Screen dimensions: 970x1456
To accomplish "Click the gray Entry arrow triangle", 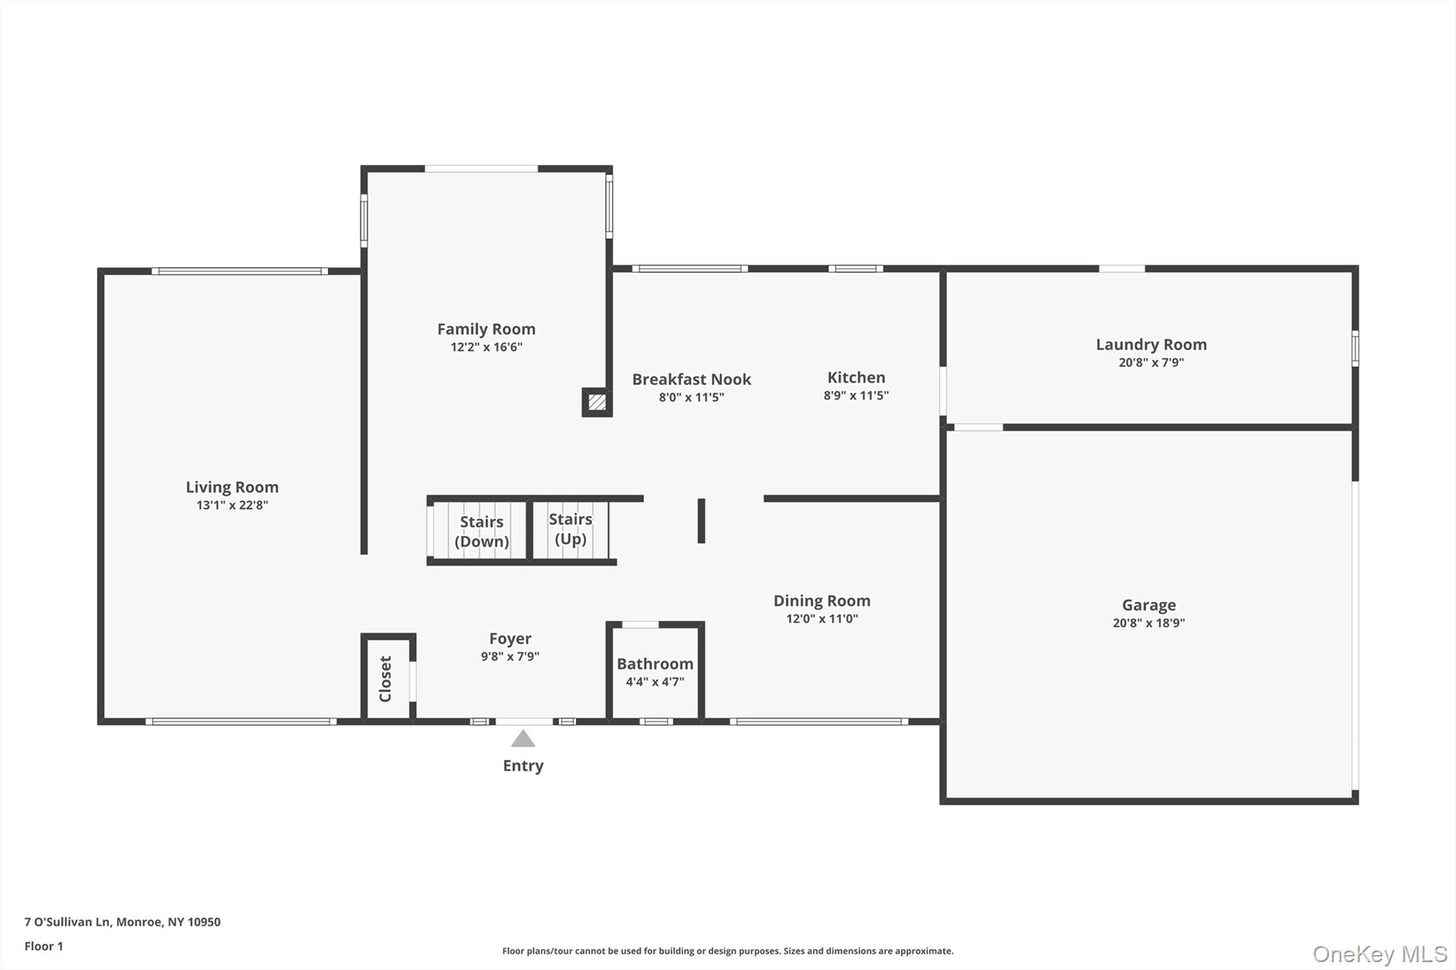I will pos(523,739).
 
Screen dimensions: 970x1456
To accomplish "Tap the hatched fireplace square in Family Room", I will pos(597,402).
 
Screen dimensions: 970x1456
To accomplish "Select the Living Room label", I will pos(232,487).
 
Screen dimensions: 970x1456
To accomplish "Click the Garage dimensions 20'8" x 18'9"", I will pos(1149,623).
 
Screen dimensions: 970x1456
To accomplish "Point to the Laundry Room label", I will pos(1151,345).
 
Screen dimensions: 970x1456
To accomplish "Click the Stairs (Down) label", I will pos(481,532).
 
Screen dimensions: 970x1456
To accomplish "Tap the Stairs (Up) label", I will pos(570,529).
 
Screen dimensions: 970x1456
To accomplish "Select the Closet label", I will pos(385,679).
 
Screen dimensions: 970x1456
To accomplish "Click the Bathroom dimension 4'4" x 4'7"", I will pos(655,682).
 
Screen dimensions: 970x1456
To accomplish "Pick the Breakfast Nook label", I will pos(691,379).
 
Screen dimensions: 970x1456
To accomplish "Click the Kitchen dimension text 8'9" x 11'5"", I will pos(856,396).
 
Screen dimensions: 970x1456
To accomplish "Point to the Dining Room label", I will pos(822,601).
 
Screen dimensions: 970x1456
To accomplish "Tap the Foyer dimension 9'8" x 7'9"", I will pos(510,657).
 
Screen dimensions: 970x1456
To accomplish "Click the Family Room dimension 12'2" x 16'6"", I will pos(486,347).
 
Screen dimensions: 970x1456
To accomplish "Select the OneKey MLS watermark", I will pos(1379,954).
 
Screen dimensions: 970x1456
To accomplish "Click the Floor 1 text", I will pos(44,946).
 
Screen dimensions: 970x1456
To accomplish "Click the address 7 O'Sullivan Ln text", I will pos(122,922).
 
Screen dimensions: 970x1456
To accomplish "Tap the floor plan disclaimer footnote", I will pos(727,951).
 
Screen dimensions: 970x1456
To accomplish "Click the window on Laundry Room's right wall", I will pos(1355,348).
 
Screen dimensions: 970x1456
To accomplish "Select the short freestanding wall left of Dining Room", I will pos(701,521).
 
